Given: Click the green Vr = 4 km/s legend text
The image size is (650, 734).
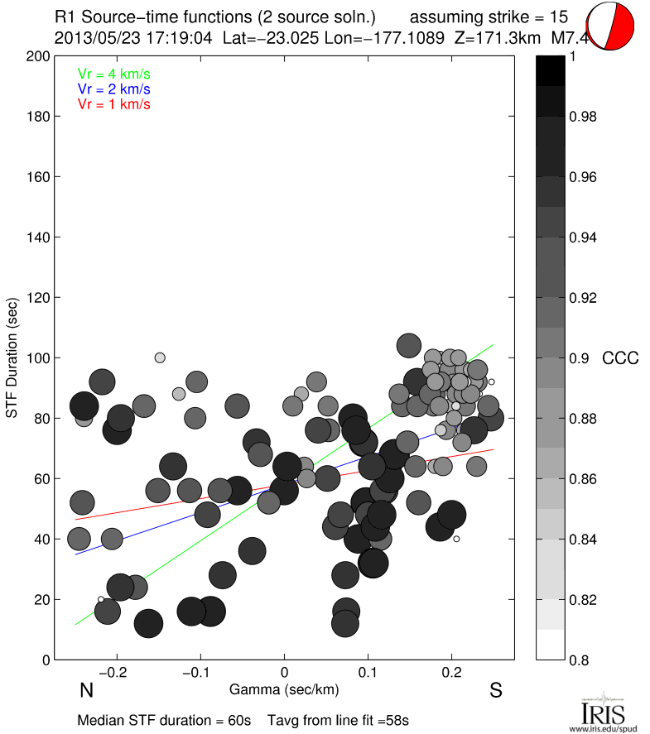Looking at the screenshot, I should click(113, 74).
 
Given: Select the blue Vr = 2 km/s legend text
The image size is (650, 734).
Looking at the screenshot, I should click(113, 89).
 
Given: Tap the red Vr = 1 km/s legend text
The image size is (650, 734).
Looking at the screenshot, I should click(113, 104).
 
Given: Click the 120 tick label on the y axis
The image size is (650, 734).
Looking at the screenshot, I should click(37, 298).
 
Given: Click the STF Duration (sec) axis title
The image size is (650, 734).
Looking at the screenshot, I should click(13, 358).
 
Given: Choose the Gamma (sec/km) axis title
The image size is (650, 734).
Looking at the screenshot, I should click(284, 689).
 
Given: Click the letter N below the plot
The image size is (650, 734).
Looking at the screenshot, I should click(85, 691).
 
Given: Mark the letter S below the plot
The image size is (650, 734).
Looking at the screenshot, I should click(495, 691).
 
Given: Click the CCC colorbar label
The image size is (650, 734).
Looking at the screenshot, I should click(620, 358).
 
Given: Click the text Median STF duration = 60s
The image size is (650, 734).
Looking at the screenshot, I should click(164, 720).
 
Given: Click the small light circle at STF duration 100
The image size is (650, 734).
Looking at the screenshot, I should click(160, 357).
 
